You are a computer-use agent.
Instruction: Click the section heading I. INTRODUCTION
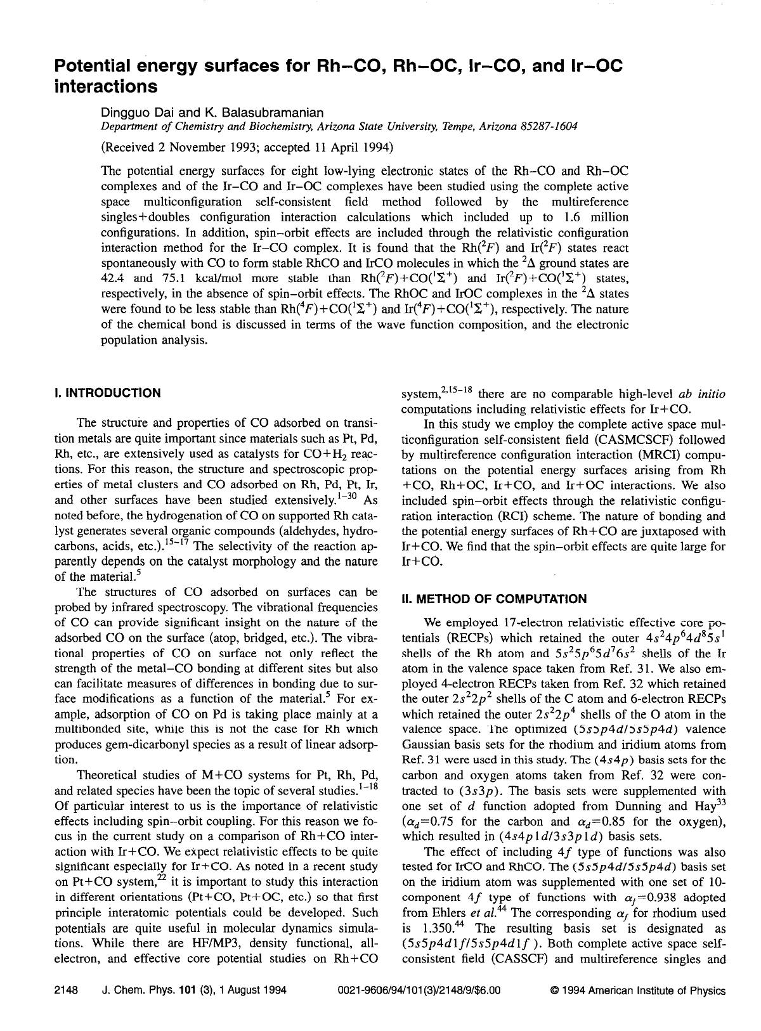coord(108,393)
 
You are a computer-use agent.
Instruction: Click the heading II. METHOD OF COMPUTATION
coord(495,599)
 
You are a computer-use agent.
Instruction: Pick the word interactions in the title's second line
coord(106,86)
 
